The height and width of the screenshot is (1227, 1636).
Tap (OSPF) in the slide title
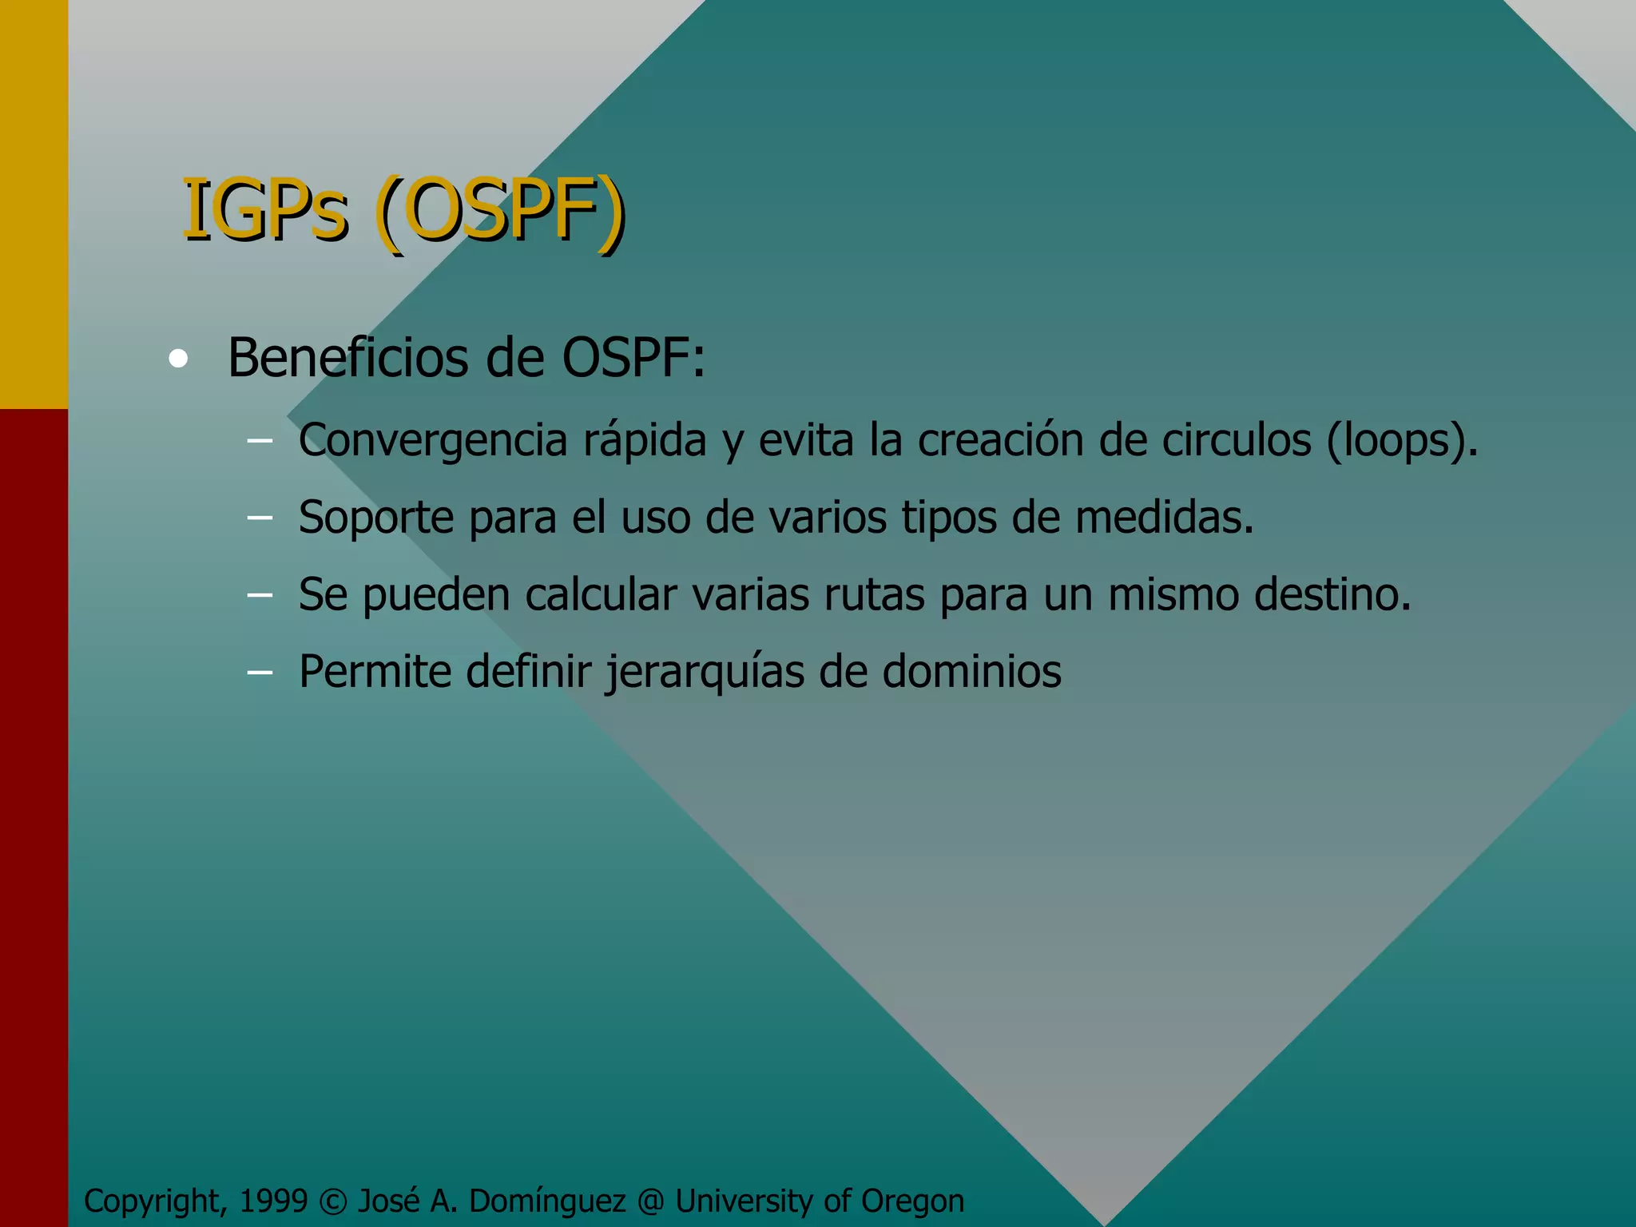500,212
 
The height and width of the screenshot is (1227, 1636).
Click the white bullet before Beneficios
178,359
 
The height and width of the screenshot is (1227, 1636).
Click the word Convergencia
433,440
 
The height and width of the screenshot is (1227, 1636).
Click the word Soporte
376,518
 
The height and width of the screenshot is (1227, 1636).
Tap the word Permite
375,671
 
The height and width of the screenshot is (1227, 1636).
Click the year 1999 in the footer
273,1201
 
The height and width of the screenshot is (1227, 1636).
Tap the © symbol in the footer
332,1201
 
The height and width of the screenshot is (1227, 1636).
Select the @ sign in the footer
650,1201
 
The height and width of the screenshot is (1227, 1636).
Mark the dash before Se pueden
260,594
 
